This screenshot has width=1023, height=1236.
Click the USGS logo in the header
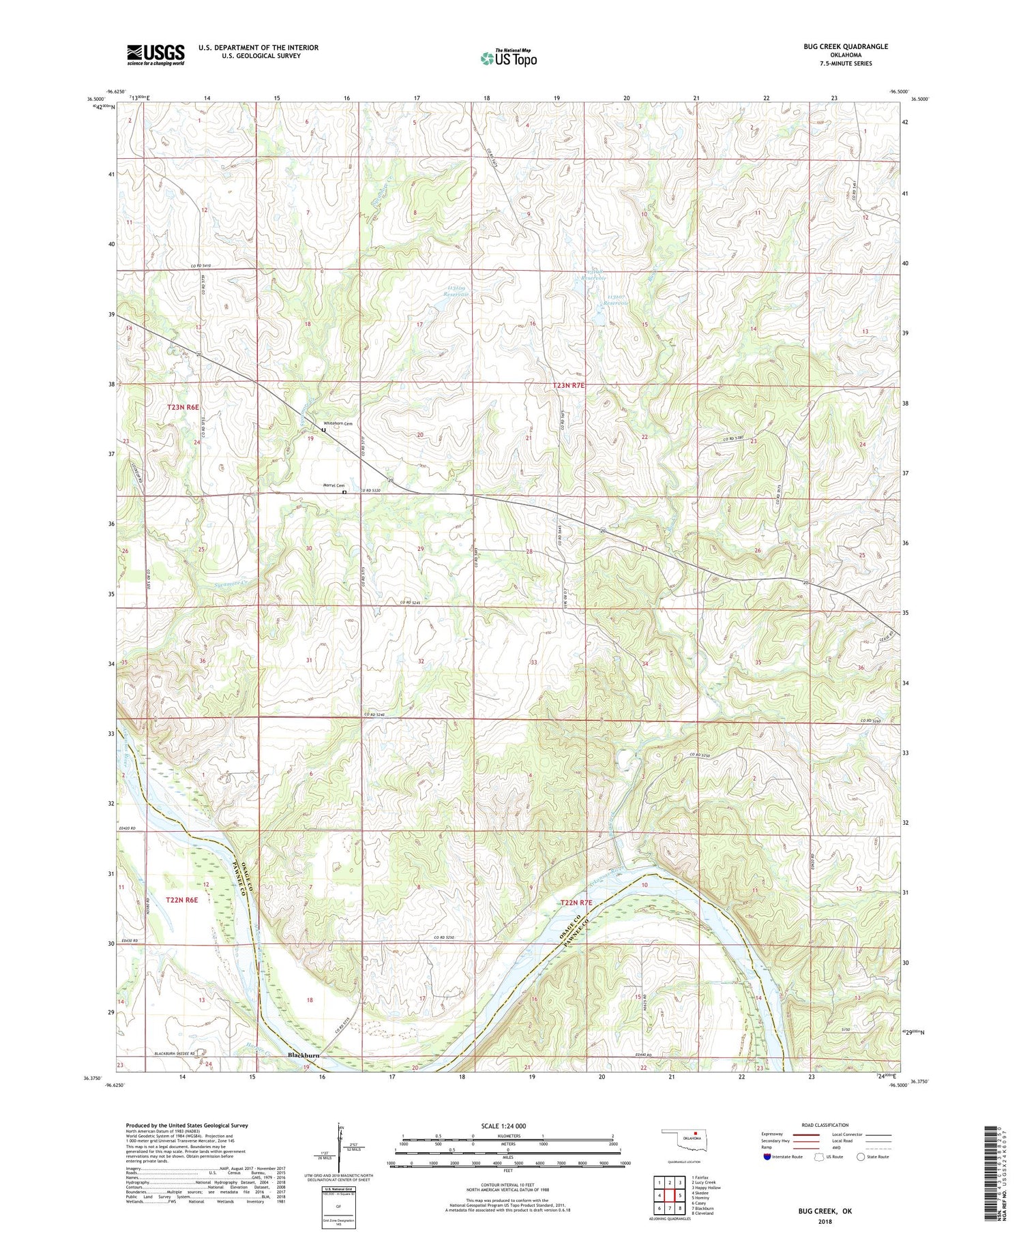click(x=155, y=55)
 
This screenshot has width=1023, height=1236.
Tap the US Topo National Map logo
click(x=508, y=58)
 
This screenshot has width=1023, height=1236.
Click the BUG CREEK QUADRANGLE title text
click(x=846, y=46)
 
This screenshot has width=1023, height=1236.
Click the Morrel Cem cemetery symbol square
click(x=344, y=492)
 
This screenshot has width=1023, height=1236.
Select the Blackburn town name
click(x=303, y=1055)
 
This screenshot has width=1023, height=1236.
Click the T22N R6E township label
click(x=181, y=900)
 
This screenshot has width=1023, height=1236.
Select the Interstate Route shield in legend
click(x=767, y=1157)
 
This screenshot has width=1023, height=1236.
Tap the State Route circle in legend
click(x=861, y=1157)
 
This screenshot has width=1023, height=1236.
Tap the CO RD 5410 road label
click(x=201, y=266)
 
